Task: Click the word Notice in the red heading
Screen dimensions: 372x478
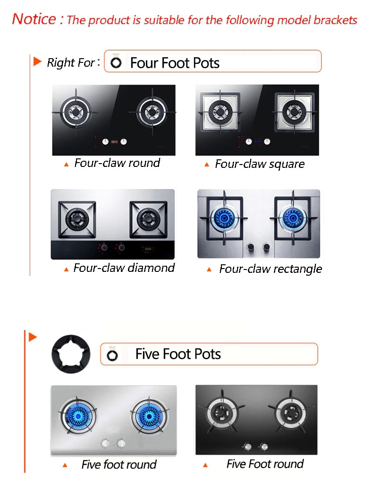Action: click(34, 19)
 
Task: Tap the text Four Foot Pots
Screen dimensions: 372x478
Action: click(175, 63)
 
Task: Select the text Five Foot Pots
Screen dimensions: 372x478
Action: click(178, 354)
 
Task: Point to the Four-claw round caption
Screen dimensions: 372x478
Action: click(117, 163)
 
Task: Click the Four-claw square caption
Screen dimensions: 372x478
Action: click(260, 164)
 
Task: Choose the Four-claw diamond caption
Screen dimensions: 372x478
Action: click(124, 268)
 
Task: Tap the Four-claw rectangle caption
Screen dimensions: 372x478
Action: click(271, 269)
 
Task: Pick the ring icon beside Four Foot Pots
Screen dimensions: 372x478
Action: click(116, 63)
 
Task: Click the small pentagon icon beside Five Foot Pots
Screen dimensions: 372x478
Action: click(112, 356)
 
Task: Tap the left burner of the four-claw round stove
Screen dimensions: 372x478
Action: click(76, 113)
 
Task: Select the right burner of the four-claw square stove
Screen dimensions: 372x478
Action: click(294, 112)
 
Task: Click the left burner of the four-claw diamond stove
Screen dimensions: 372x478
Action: click(77, 219)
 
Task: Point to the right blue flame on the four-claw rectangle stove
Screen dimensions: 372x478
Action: click(292, 217)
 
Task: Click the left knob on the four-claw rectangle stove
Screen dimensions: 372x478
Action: click(251, 246)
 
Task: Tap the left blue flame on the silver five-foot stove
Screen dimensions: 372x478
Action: click(78, 416)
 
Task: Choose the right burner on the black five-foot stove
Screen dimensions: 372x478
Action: click(290, 413)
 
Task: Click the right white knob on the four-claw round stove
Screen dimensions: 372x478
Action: click(124, 141)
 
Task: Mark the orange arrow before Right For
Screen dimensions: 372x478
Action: click(37, 61)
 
